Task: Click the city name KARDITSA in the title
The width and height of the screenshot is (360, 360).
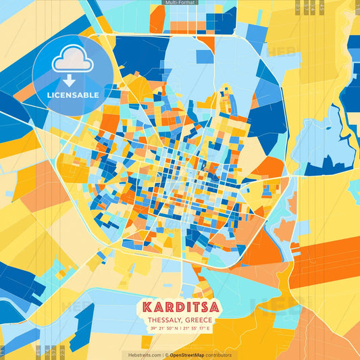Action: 180,306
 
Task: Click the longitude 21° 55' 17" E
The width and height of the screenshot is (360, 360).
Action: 197,328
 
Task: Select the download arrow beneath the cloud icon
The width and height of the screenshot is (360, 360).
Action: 70,80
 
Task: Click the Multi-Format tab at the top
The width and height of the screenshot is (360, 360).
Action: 180,3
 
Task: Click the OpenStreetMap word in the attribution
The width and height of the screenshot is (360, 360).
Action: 191,355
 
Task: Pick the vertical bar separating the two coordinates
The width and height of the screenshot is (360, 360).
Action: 180,328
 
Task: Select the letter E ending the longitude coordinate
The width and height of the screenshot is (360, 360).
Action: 209,328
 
